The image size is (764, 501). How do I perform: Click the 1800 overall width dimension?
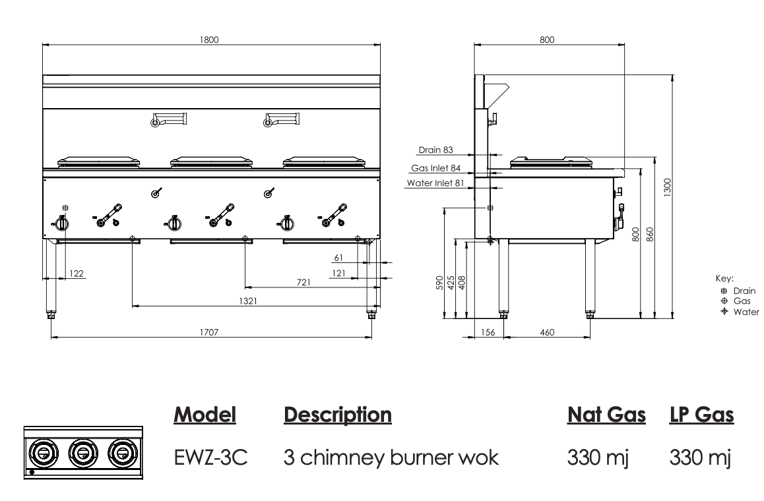pos(209,40)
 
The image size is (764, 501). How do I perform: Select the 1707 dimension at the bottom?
pos(209,333)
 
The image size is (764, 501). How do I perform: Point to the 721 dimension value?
pos(303,282)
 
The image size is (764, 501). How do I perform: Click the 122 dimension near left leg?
pos(77,273)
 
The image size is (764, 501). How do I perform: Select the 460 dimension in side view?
pos(547,333)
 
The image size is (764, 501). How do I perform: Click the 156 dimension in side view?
pos(488,333)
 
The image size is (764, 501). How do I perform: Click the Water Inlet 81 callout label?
pos(433,183)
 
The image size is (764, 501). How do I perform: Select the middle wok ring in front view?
pos(209,161)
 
